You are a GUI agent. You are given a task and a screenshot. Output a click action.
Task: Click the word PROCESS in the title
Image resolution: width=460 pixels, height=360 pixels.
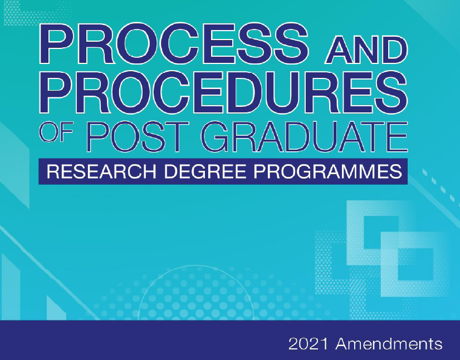174,44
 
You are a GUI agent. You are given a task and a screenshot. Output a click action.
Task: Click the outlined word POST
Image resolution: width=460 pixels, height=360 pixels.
138,137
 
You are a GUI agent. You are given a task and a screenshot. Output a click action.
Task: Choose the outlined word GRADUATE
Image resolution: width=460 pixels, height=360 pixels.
305,137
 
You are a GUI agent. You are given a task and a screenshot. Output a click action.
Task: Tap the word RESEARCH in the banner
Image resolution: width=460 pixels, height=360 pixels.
101,171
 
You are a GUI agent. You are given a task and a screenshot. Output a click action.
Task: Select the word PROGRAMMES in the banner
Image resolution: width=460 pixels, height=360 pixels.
327,171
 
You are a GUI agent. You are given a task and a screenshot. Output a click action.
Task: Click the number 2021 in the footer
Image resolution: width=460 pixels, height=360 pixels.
308,343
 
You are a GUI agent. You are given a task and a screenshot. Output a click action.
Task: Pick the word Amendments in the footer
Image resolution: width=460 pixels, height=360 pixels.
389,343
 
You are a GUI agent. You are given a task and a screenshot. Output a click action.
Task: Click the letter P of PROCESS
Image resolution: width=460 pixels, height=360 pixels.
57,44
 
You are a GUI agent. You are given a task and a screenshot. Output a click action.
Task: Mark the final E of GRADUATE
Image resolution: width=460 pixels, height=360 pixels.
396,137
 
